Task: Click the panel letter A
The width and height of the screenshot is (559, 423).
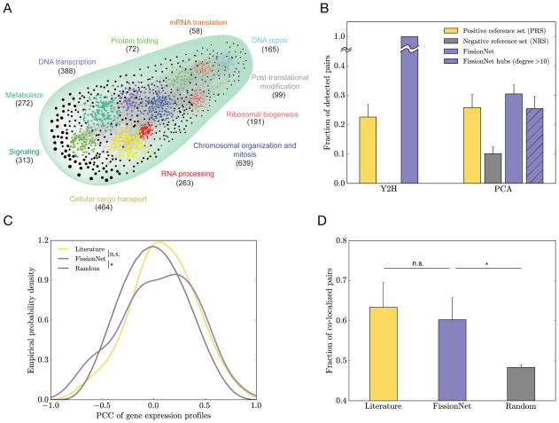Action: pos(8,8)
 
